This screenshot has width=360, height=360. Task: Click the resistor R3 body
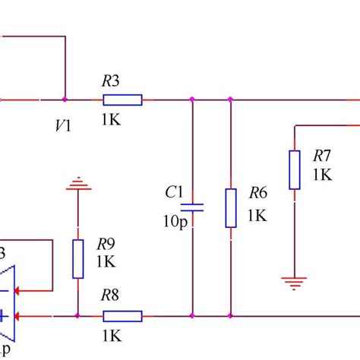(122, 99)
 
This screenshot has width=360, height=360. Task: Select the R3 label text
(111, 80)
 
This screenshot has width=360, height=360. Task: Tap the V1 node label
(63, 125)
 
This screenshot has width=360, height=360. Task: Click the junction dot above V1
(65, 99)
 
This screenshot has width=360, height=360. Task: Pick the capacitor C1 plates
(192, 206)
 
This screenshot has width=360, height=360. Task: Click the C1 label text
(175, 192)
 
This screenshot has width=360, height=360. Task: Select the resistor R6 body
(230, 208)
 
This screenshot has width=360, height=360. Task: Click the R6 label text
(257, 194)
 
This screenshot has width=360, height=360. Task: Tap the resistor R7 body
(294, 169)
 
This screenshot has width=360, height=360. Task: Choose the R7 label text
(322, 156)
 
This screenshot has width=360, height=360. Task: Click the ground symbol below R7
(294, 282)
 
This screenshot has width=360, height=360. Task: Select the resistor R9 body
(77, 259)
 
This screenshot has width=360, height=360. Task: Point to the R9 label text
(106, 244)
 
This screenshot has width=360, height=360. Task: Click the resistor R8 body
(122, 315)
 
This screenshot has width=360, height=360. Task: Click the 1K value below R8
(112, 335)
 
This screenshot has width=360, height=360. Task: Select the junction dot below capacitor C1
(192, 315)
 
